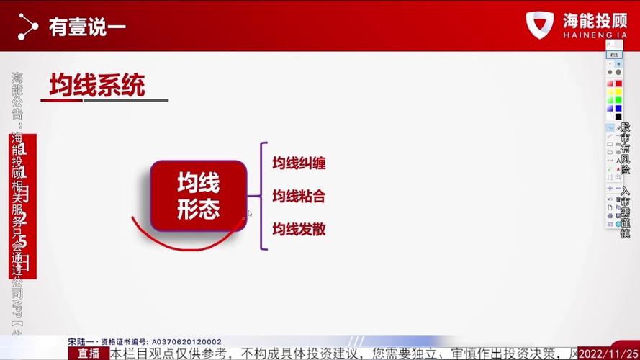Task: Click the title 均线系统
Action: (97, 85)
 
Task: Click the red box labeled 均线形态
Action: (198, 195)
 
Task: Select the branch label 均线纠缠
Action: (299, 163)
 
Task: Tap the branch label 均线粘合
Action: (299, 196)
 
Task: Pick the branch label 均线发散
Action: (299, 229)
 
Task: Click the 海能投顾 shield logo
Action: (540, 26)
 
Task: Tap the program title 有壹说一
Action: (87, 27)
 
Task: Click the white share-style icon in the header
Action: (27, 27)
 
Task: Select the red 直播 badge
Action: (89, 354)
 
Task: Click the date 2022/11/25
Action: (608, 354)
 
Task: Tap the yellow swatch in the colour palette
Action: (610, 92)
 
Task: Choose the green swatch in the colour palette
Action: (618, 100)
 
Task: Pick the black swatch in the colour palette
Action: (618, 117)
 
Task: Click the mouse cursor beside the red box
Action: (250, 213)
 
